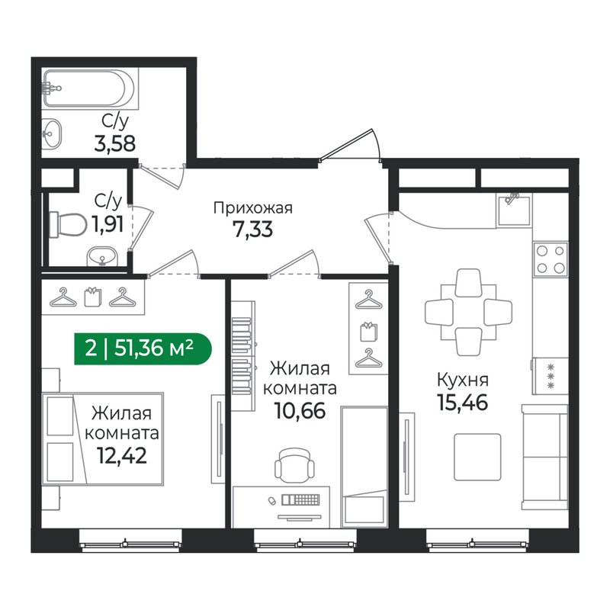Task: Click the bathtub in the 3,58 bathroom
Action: (90, 88)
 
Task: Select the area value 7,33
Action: (252, 229)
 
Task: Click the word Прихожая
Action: (252, 207)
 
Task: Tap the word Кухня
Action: (462, 379)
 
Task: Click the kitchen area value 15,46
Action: (462, 400)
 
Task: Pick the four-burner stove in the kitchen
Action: (550, 258)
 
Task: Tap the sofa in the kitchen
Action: (544, 457)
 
